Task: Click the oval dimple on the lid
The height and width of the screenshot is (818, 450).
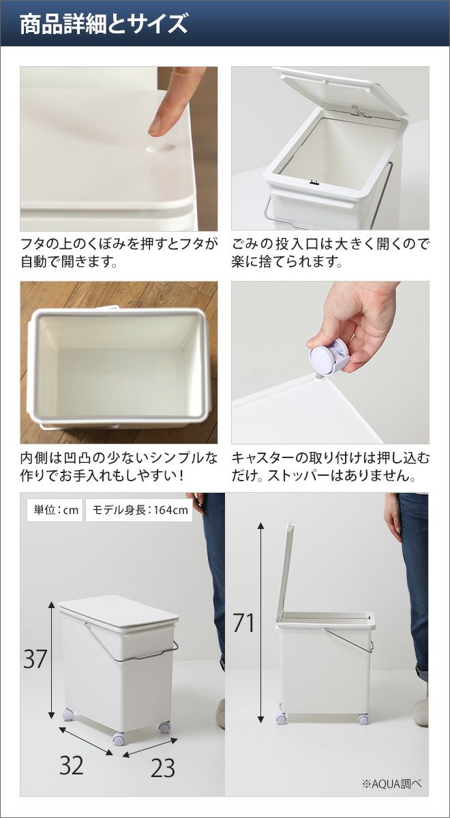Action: pyautogui.click(x=160, y=148)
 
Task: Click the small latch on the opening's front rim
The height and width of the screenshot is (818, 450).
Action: pyautogui.click(x=313, y=183)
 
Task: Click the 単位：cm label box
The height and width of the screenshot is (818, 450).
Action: pyautogui.click(x=55, y=510)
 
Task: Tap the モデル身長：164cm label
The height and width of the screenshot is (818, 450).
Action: pyautogui.click(x=140, y=510)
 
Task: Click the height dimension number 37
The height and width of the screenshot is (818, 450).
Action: pyautogui.click(x=35, y=658)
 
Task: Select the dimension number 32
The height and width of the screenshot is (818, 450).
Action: pyautogui.click(x=72, y=766)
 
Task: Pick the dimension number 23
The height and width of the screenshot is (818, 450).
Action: pyautogui.click(x=163, y=768)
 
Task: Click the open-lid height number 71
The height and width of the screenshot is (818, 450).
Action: pyautogui.click(x=243, y=622)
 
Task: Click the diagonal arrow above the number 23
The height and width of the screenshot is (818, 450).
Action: pyautogui.click(x=150, y=748)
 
